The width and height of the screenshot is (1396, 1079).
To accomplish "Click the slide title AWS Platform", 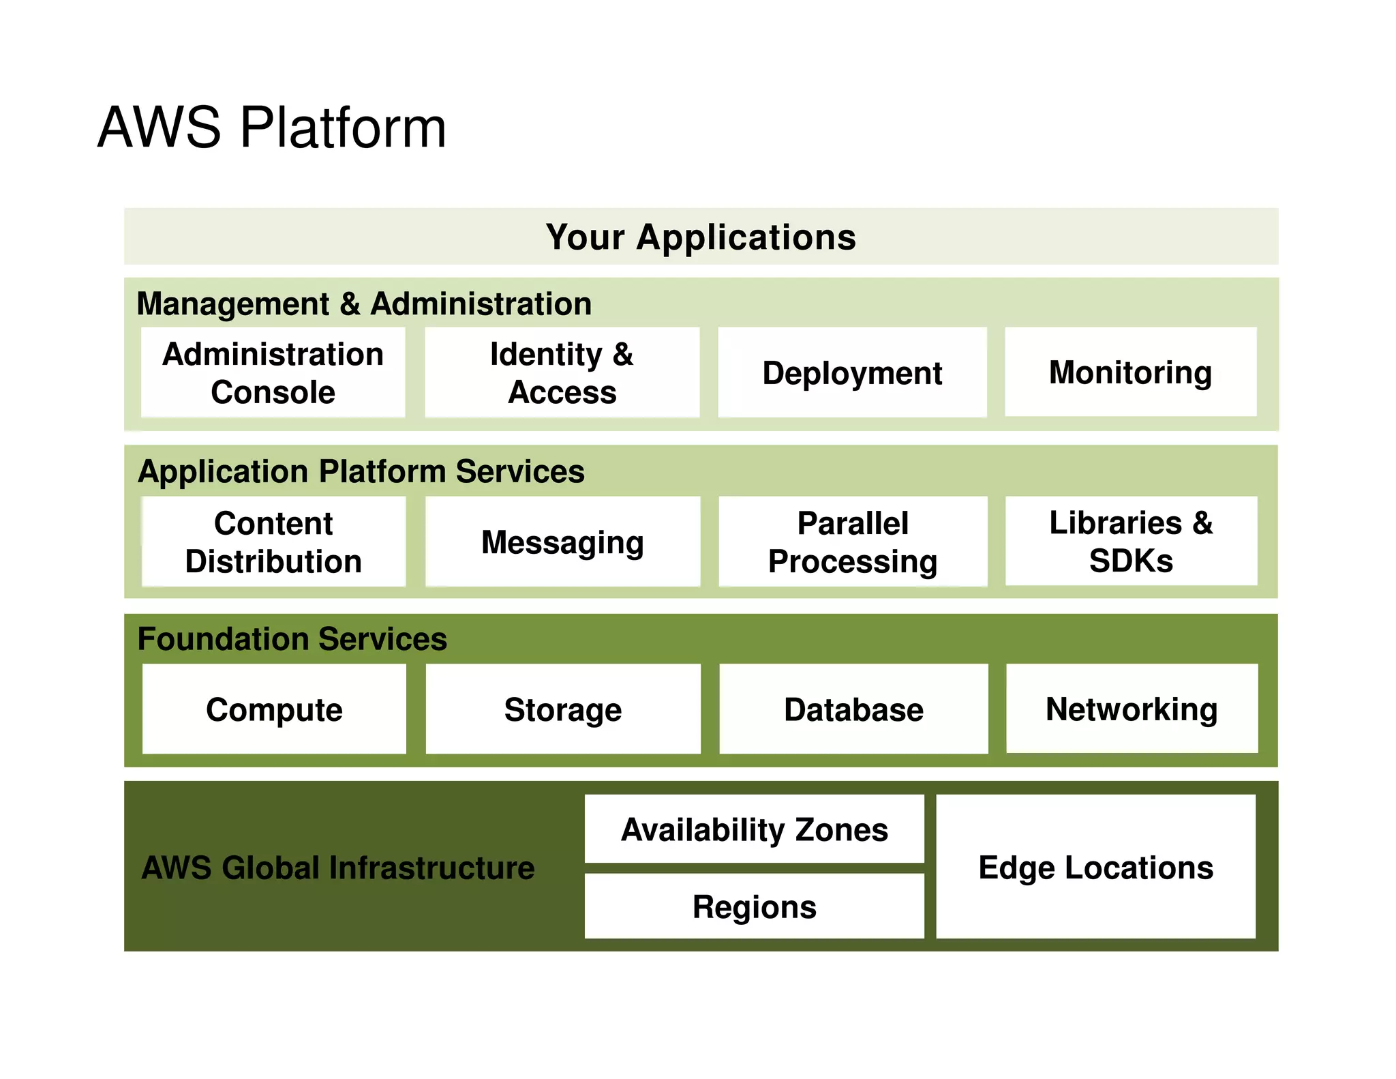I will pyautogui.click(x=271, y=128).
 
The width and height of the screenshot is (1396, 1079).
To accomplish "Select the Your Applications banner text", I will pyautogui.click(x=701, y=237).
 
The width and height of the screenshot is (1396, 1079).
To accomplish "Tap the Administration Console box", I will pyautogui.click(x=273, y=372).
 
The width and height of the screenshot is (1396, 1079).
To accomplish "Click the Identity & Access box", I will pyautogui.click(x=562, y=372).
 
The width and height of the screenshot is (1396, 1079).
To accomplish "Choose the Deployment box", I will pyautogui.click(x=852, y=373).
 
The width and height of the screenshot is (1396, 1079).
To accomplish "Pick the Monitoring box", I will pyautogui.click(x=1130, y=372).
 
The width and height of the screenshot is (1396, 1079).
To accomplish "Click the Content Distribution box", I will pyautogui.click(x=273, y=542).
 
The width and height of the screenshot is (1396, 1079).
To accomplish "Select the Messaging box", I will pyautogui.click(x=562, y=542).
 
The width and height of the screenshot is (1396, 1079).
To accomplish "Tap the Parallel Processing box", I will pyautogui.click(x=853, y=542).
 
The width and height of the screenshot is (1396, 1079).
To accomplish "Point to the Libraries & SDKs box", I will pyautogui.click(x=1131, y=541).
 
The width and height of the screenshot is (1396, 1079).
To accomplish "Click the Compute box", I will pyautogui.click(x=274, y=709).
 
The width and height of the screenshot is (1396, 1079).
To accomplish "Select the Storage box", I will pyautogui.click(x=563, y=709).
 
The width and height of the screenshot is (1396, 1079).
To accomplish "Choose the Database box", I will pyautogui.click(x=853, y=709).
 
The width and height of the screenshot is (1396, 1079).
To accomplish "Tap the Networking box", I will pyautogui.click(x=1132, y=709).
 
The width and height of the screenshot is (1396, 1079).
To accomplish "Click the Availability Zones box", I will pyautogui.click(x=754, y=829).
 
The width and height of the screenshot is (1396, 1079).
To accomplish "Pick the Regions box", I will pyautogui.click(x=754, y=906).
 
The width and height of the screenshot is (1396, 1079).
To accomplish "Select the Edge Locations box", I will pyautogui.click(x=1095, y=867).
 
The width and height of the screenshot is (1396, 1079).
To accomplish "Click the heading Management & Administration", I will pyautogui.click(x=364, y=304).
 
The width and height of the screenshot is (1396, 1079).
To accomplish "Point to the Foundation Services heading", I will pyautogui.click(x=292, y=639).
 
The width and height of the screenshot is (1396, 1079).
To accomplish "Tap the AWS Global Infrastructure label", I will pyautogui.click(x=337, y=868).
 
